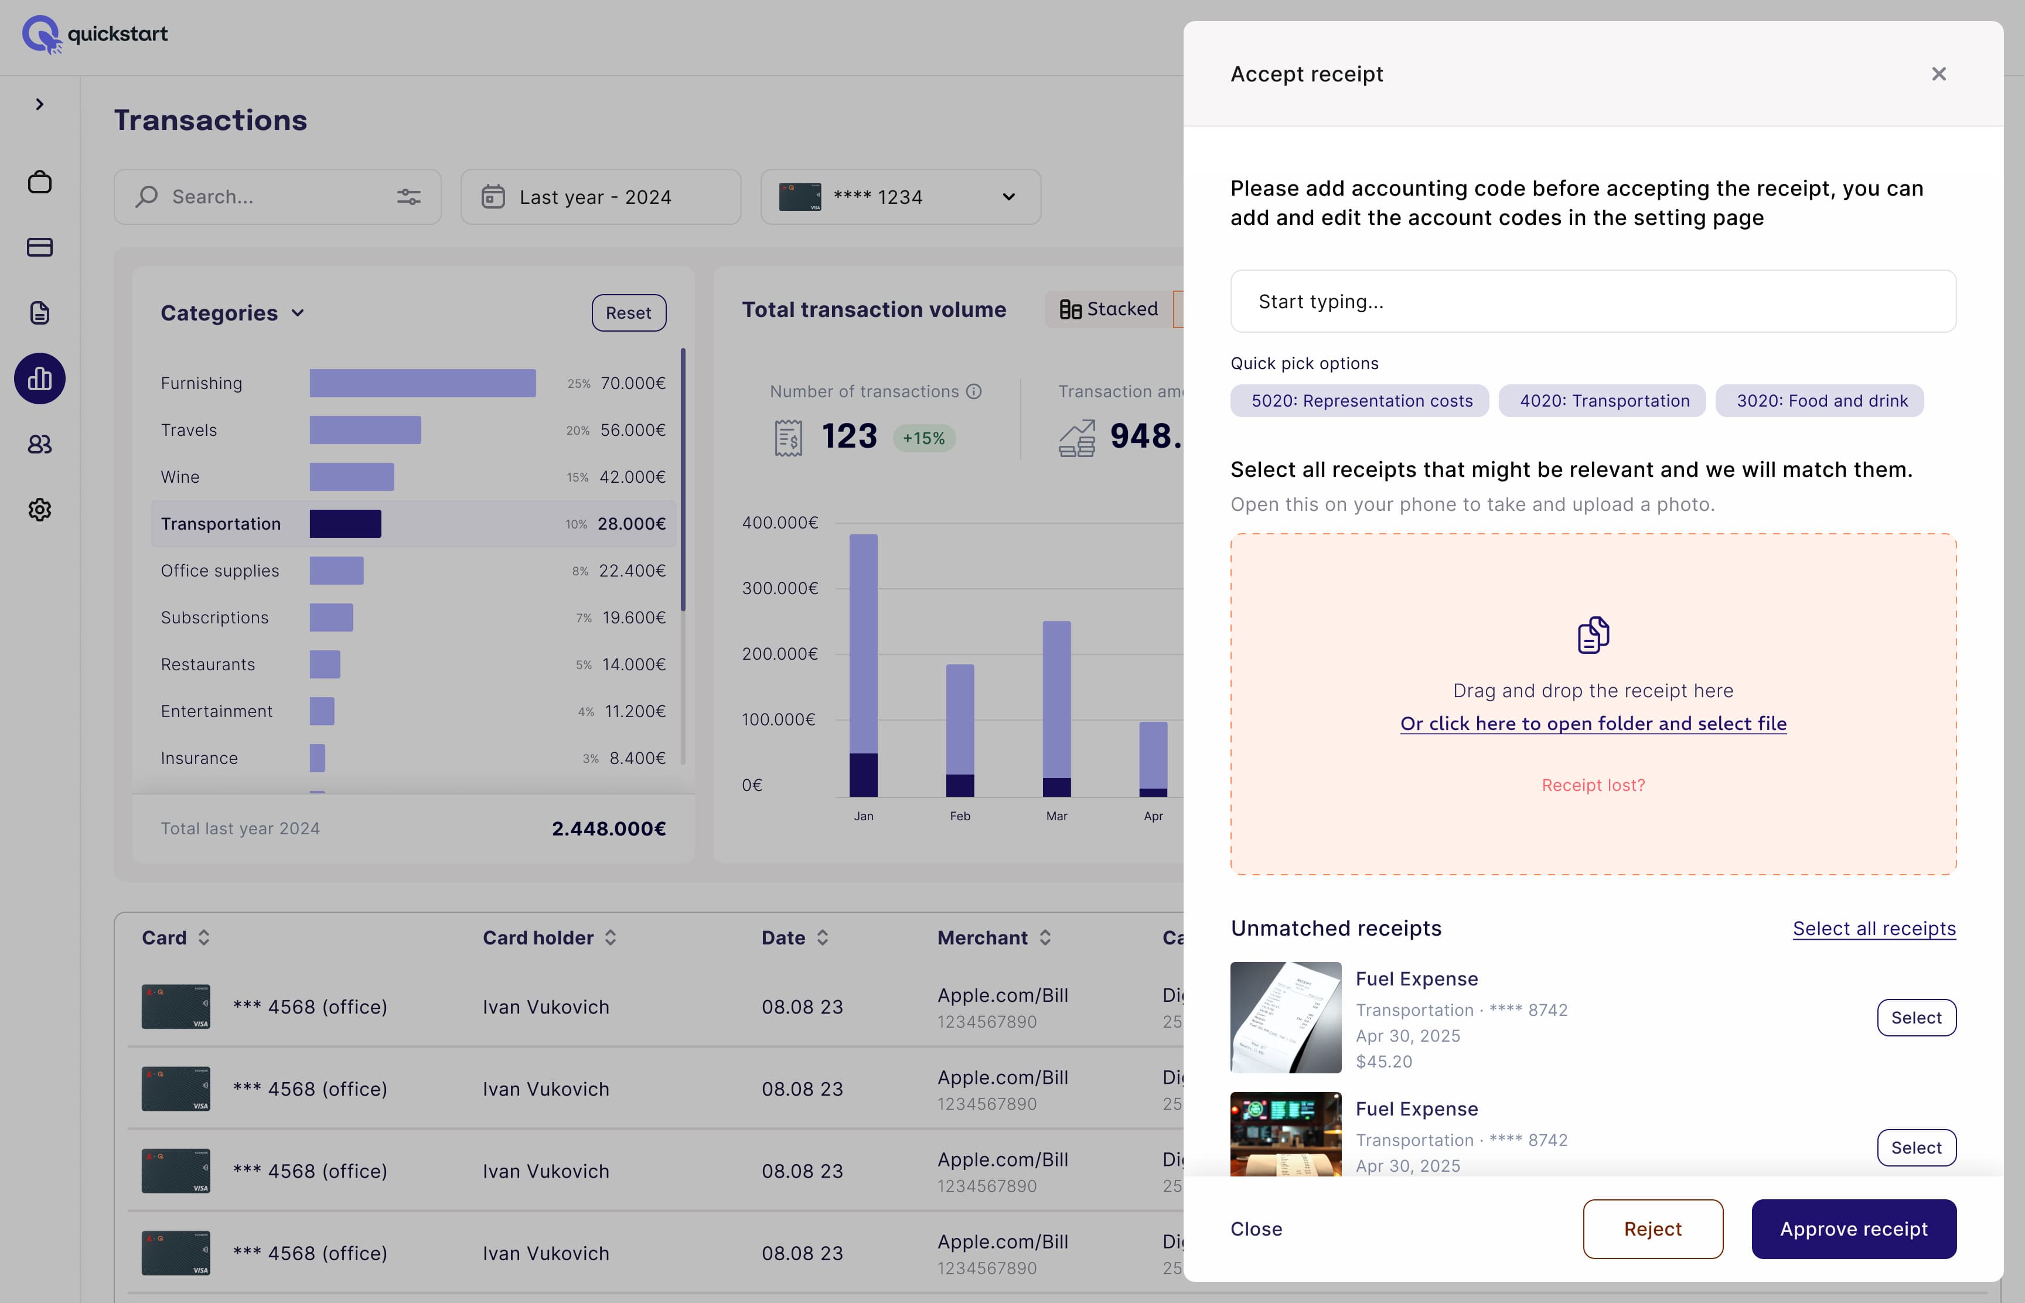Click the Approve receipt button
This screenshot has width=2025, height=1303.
1853,1229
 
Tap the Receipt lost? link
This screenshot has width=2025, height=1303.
1593,785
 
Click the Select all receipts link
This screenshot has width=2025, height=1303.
1873,928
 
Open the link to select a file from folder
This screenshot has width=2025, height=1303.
1593,724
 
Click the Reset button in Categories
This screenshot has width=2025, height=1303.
628,313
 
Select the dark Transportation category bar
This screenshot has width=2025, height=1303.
345,524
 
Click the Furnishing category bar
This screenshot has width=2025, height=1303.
422,383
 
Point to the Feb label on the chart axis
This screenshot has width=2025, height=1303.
960,816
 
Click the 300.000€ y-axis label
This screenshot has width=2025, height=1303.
779,588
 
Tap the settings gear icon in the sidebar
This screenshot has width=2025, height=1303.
40,509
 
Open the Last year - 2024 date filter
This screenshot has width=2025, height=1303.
600,197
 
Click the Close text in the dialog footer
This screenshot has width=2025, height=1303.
1256,1229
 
